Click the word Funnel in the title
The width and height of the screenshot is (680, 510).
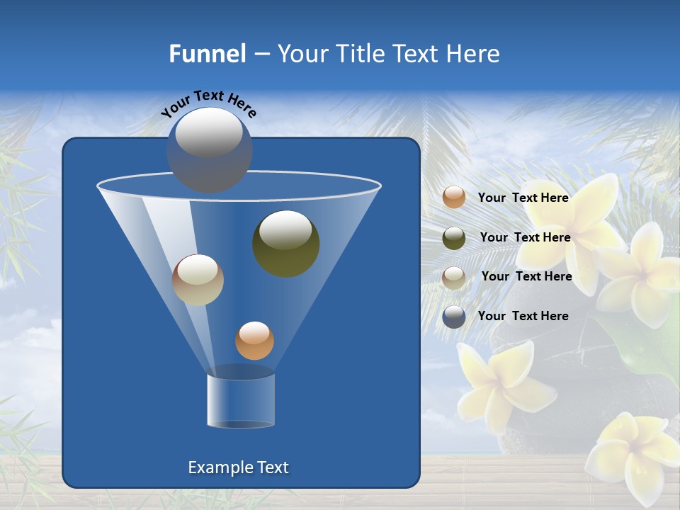click(208, 54)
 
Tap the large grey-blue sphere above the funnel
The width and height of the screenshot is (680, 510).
click(210, 149)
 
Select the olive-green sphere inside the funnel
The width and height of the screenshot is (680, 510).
click(286, 244)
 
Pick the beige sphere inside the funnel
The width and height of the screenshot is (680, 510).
click(198, 280)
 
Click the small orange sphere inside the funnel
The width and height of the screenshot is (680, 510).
click(254, 341)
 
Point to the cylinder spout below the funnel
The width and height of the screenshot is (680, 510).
click(241, 400)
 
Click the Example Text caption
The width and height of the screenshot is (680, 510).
click(239, 467)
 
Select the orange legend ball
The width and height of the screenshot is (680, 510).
click(454, 198)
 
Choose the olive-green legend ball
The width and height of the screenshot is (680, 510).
click(454, 237)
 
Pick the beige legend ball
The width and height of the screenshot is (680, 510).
click(454, 277)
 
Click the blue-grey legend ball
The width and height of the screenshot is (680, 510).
click(454, 317)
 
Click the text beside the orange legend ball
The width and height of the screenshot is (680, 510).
click(523, 198)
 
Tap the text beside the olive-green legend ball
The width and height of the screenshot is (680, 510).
click(525, 237)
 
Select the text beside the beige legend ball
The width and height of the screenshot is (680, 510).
click(526, 276)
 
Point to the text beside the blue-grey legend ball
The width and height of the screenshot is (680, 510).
click(523, 316)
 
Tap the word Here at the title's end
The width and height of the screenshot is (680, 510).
click(474, 54)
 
